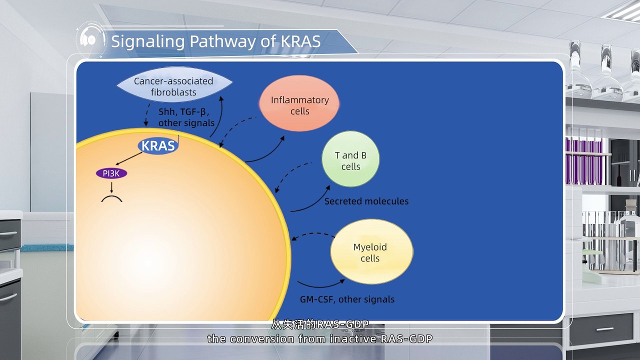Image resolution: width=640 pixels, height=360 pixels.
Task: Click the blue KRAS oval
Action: click(x=158, y=145)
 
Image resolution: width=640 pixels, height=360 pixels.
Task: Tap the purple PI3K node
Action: click(x=111, y=173)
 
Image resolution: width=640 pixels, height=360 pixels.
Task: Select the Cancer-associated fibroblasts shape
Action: click(x=173, y=86)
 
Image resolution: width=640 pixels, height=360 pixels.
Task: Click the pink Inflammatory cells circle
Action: click(x=299, y=105)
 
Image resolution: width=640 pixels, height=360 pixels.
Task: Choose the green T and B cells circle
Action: click(x=350, y=160)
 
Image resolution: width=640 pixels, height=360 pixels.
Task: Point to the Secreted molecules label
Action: click(x=366, y=201)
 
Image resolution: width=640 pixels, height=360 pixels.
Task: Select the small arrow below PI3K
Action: click(x=111, y=186)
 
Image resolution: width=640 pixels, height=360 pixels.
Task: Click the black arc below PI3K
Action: click(x=112, y=199)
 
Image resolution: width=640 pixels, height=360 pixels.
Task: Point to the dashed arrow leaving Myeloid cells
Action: click(x=312, y=234)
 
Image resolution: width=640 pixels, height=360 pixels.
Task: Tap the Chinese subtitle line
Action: click(x=320, y=324)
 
